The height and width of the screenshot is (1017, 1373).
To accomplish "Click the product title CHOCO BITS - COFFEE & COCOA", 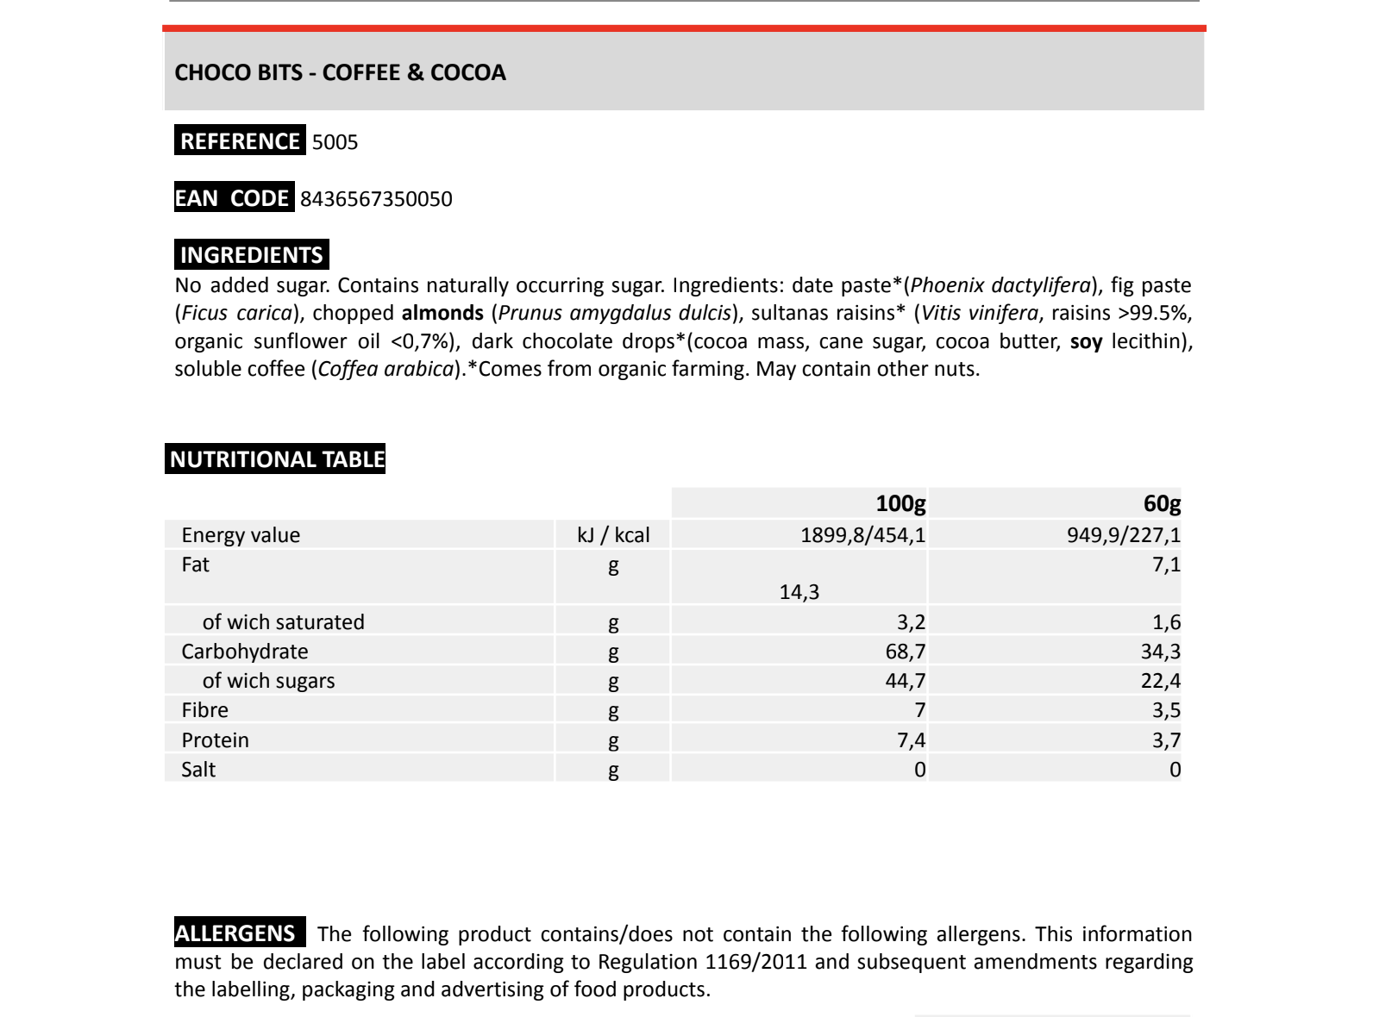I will point(340,72).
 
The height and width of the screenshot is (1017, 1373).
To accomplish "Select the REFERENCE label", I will point(240,141).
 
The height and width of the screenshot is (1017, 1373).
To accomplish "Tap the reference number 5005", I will point(335,142).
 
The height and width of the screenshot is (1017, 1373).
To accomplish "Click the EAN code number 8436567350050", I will point(376,199).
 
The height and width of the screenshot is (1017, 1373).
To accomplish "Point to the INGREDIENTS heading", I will point(251,255).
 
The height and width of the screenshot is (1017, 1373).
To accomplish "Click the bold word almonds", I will point(442,313).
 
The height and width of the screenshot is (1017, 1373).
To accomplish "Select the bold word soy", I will point(1086,342).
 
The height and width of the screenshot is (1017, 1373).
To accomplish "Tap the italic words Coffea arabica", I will point(386,370).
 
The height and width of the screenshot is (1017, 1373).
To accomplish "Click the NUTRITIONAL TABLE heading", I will point(276,459).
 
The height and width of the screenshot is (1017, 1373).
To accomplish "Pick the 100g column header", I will point(900,504).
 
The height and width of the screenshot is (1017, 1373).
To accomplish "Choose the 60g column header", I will point(1162,504).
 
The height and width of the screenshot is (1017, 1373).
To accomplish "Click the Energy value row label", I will point(241,535).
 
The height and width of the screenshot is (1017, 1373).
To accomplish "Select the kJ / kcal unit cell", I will point(613,535).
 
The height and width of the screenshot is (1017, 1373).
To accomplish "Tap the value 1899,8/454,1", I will point(862,535).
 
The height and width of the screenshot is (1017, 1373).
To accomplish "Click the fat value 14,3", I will point(799,592).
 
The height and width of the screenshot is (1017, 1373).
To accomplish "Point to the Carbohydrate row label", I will point(244,652).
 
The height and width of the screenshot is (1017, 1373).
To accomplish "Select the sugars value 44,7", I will point(905,681).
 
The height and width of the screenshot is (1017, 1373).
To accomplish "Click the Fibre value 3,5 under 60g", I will point(1166,710).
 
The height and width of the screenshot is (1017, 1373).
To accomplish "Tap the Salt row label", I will point(198,770).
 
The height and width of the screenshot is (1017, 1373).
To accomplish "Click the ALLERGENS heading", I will point(235,933).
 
